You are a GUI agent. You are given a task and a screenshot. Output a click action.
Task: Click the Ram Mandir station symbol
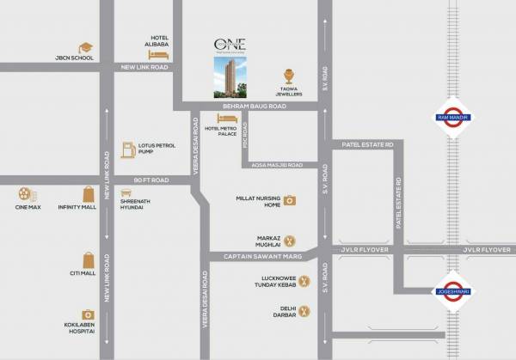pyautogui.click(x=451, y=120)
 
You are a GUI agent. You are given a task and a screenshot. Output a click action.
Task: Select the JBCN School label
pyautogui.click(x=71, y=58)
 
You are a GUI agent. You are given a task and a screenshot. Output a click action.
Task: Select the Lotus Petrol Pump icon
pyautogui.click(x=127, y=149)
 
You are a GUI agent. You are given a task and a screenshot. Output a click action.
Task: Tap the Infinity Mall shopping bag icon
pyautogui.click(x=88, y=195)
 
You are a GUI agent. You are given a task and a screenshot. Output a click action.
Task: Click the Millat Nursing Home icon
pyautogui.click(x=291, y=200)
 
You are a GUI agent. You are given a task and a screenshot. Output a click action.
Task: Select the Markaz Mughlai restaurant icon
pyautogui.click(x=291, y=241)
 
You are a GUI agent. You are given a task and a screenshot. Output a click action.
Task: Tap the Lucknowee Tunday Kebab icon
pyautogui.click(x=291, y=281)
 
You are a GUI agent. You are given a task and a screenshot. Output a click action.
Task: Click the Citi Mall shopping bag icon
pyautogui.click(x=88, y=259)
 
